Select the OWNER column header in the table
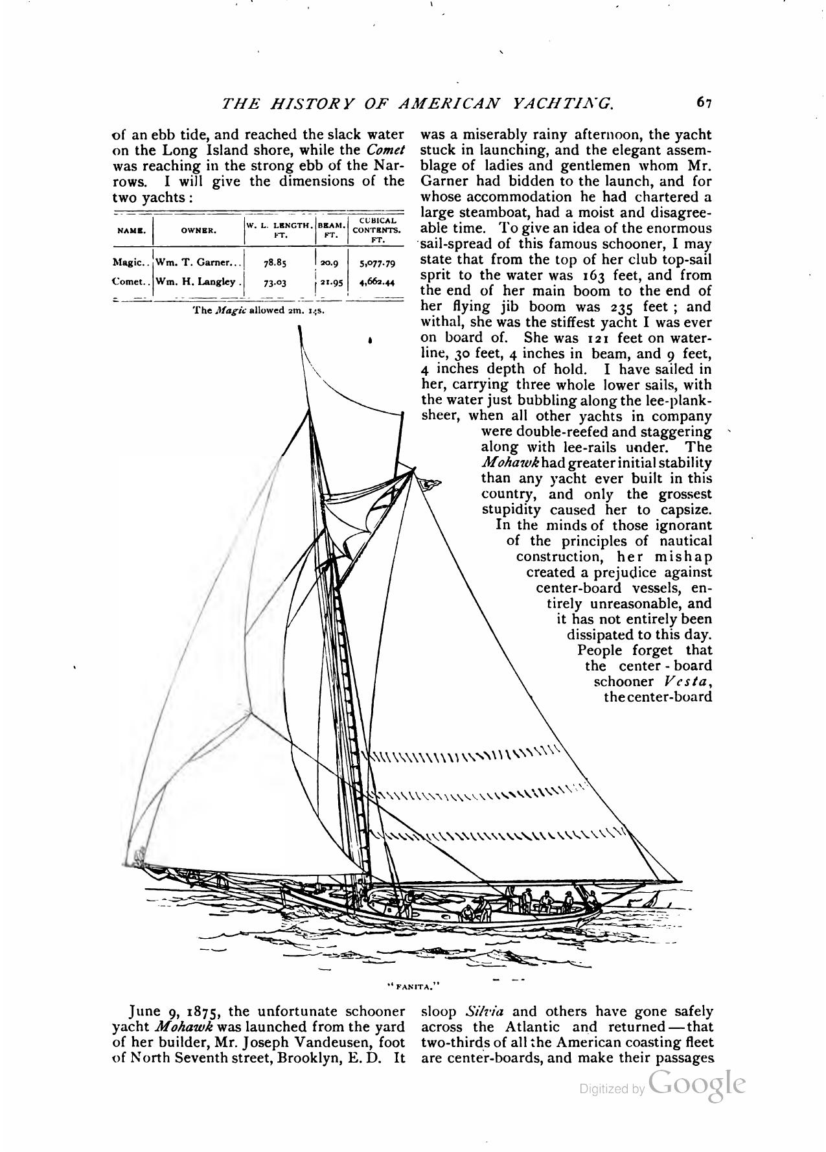[x=199, y=230]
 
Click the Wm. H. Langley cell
[x=199, y=282]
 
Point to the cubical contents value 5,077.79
[x=376, y=263]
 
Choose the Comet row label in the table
[x=132, y=282]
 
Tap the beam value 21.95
[x=332, y=282]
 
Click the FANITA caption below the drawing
[x=413, y=987]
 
